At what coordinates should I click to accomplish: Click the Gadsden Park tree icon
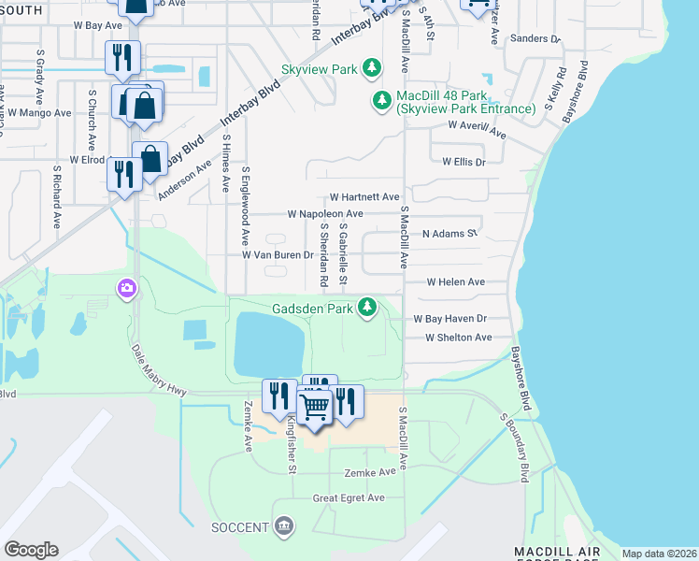[x=369, y=307]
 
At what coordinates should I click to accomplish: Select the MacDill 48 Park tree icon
[x=381, y=100]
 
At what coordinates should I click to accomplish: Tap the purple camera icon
[x=126, y=289]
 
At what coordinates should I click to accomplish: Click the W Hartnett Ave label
[x=364, y=198]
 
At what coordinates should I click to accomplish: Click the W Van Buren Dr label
[x=278, y=254]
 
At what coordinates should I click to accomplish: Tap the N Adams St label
[x=449, y=233]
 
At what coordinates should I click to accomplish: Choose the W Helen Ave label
[x=455, y=281]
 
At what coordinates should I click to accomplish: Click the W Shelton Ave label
[x=457, y=338]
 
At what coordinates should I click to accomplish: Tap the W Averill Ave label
[x=477, y=128]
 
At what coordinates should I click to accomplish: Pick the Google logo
[x=31, y=550]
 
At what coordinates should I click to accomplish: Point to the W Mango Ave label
[x=38, y=112]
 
